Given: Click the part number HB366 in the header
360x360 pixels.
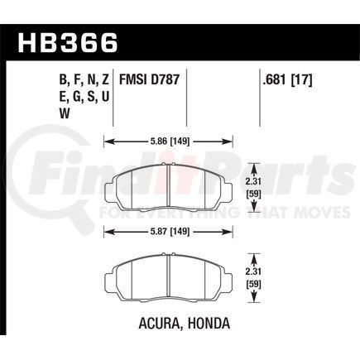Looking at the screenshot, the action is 68,43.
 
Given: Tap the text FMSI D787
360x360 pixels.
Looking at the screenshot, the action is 149,80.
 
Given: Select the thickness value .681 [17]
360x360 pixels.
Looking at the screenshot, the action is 287,80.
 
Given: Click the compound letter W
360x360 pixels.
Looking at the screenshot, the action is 65,113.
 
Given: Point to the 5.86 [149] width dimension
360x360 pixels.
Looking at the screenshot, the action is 168,142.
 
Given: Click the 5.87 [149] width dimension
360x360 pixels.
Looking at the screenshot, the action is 168,231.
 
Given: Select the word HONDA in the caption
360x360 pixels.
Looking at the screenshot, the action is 209,323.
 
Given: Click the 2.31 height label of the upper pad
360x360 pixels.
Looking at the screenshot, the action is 254,182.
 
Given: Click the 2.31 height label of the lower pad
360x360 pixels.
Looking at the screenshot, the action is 254,271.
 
